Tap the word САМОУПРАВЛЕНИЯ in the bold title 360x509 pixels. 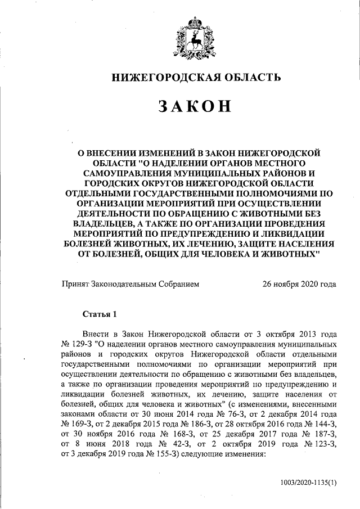click(125, 173)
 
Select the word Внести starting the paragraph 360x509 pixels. click(94, 333)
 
